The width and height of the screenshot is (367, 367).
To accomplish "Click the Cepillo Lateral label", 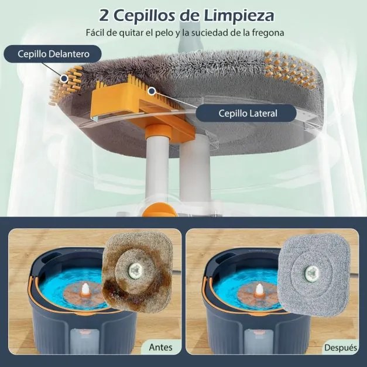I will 248,113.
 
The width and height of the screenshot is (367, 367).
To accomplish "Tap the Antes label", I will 161,347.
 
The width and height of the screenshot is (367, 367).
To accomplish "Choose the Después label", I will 340,348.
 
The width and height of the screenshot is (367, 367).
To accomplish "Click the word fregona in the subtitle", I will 266,33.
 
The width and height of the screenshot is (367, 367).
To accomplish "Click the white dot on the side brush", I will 152,91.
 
